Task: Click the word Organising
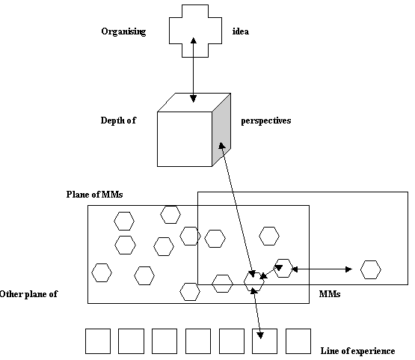click(123, 31)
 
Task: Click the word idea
click(241, 31)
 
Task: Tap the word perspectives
click(265, 120)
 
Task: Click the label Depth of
click(118, 120)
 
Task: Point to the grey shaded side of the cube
click(221, 129)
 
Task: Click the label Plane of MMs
click(94, 195)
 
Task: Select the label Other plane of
click(28, 294)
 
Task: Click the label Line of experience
click(357, 351)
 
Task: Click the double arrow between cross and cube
click(194, 70)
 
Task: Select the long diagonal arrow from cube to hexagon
click(237, 210)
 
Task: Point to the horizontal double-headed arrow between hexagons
click(322, 269)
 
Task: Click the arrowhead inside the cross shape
click(194, 40)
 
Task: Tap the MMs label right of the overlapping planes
click(330, 294)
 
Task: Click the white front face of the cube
click(185, 139)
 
